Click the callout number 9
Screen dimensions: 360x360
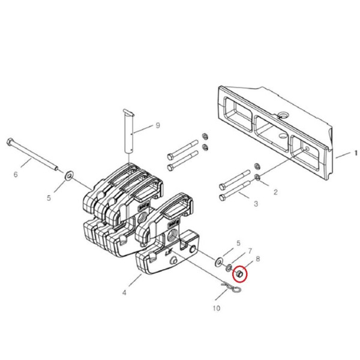[x=158, y=125]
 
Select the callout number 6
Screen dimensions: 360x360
[x=16, y=175]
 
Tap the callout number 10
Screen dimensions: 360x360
[x=217, y=308]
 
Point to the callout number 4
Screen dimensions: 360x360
[x=124, y=293]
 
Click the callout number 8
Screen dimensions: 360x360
[x=258, y=259]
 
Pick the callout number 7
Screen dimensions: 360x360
[x=250, y=251]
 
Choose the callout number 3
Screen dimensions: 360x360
[x=256, y=203]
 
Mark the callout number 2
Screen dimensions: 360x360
[x=275, y=192]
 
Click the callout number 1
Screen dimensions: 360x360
[x=356, y=153]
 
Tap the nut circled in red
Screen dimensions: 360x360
[x=239, y=274]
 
